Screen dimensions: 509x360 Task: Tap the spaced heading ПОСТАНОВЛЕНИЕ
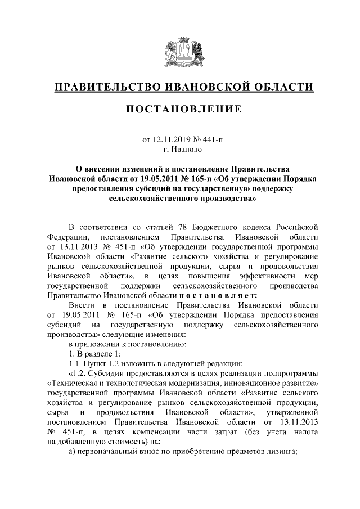tap(179, 108)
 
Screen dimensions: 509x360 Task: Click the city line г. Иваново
tap(179, 150)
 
